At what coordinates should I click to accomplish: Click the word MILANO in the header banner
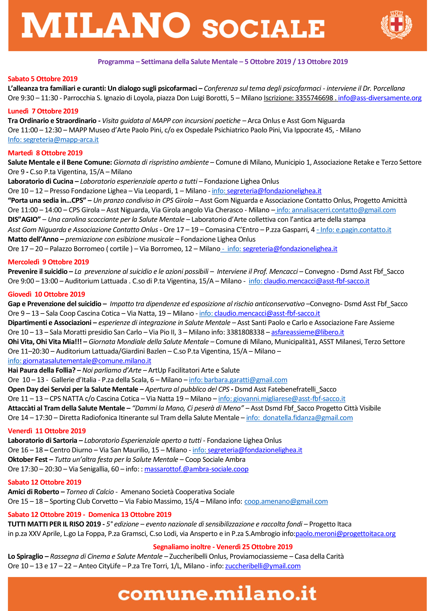pos(106,25)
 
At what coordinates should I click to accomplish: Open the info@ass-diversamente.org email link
pos(380,98)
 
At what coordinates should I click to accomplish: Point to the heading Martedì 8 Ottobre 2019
pos(45,153)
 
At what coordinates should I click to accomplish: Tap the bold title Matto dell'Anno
pos(33,239)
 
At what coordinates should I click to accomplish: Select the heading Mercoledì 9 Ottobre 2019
pos(49,262)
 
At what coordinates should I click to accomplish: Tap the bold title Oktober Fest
pos(28,460)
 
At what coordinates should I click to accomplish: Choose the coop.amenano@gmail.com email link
pos(286,501)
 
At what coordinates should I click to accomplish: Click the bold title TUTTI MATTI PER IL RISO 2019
pos(54,524)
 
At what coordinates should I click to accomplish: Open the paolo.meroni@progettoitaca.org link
pos(346,534)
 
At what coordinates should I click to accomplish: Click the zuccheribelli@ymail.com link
pos(263,566)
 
